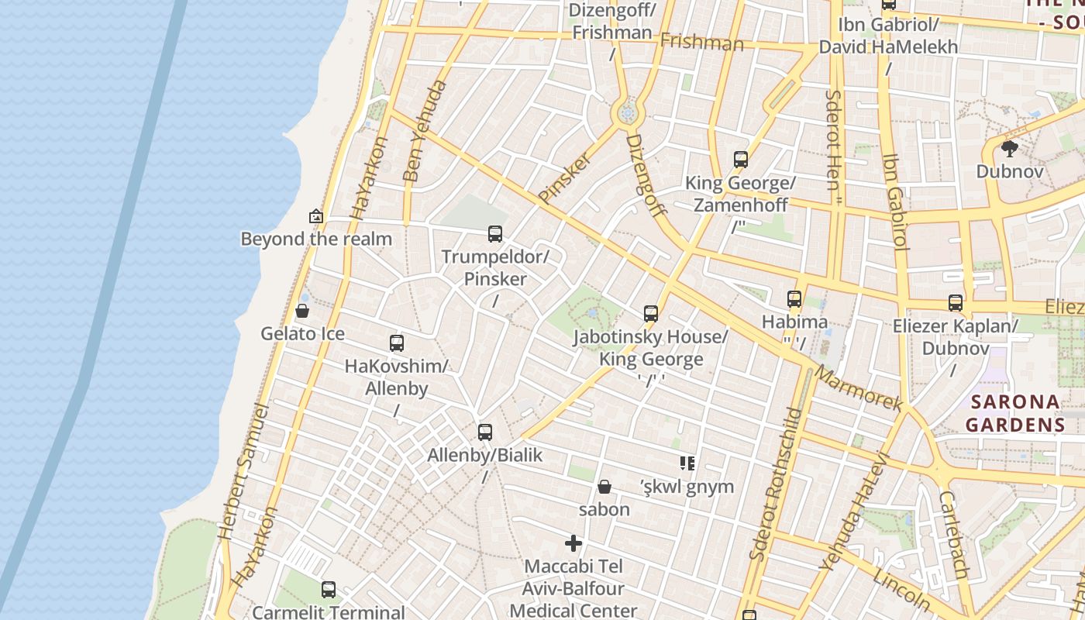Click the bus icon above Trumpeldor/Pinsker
(494, 233)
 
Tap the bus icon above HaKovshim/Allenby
(397, 343)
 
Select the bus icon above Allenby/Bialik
(485, 432)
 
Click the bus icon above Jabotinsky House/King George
(651, 314)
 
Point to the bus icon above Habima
(794, 298)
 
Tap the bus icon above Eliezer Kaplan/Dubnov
(956, 303)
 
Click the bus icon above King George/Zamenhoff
(741, 160)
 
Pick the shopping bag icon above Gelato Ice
(302, 311)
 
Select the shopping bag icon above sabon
(604, 487)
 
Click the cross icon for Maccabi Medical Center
(573, 543)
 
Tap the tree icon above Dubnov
(1009, 148)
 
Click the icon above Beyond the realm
(315, 216)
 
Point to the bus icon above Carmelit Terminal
(329, 590)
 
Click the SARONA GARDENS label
(1015, 413)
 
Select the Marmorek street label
(859, 387)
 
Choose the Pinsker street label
(565, 178)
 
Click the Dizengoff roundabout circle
(628, 113)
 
